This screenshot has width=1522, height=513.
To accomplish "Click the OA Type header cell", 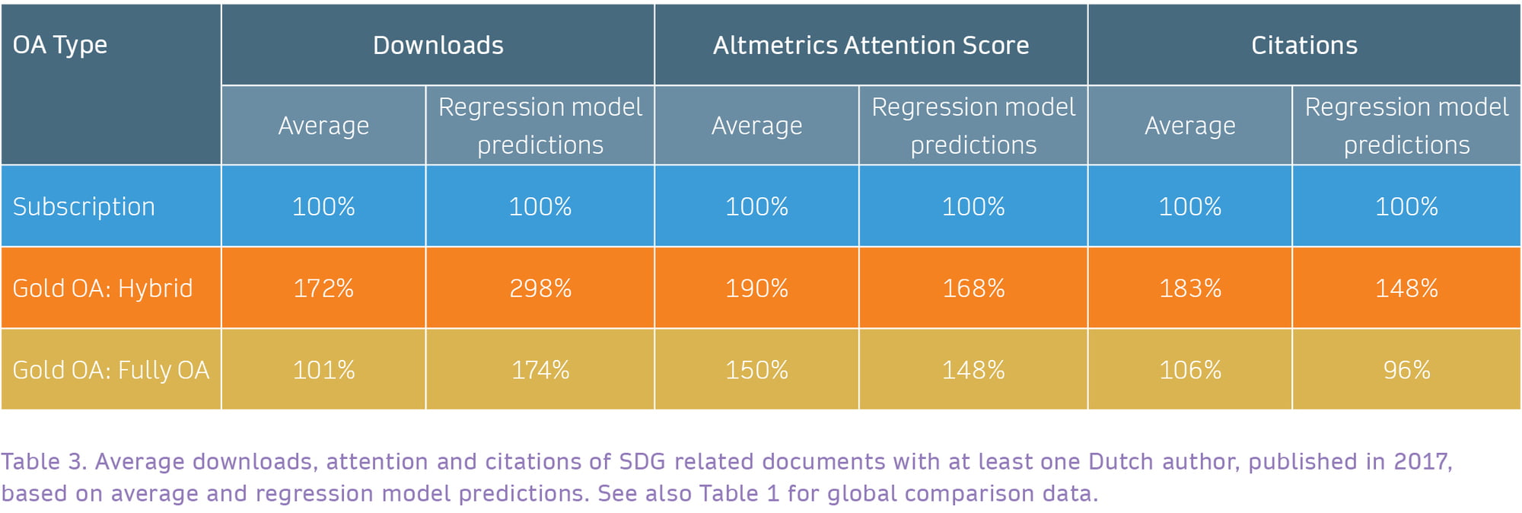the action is coord(111,84).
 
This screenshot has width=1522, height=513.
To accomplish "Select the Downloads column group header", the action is coord(438,45).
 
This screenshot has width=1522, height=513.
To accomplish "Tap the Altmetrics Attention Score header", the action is coord(871,45).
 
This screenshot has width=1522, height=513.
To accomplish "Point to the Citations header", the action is coord(1304,45).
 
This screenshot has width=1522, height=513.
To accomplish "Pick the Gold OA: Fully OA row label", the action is coord(111,370).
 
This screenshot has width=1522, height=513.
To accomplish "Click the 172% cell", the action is coord(323,288).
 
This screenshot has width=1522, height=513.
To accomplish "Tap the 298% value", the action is coord(540,288).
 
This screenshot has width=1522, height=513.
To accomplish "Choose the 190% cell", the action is coord(756,288).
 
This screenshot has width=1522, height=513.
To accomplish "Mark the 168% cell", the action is coord(973,288).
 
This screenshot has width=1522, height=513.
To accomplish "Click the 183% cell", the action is coord(1190,288).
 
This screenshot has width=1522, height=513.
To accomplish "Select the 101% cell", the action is coord(323,370).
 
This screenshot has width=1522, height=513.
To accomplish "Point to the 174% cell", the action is coord(540,370).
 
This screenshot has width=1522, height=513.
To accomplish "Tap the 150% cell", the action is coord(756,370).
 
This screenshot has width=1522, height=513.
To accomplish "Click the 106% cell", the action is coord(1190,370).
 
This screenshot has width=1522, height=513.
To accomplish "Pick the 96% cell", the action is coord(1406,370).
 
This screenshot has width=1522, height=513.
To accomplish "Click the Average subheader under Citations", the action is coord(1190,126).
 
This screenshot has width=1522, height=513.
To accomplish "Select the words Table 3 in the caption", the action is coord(44,461).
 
